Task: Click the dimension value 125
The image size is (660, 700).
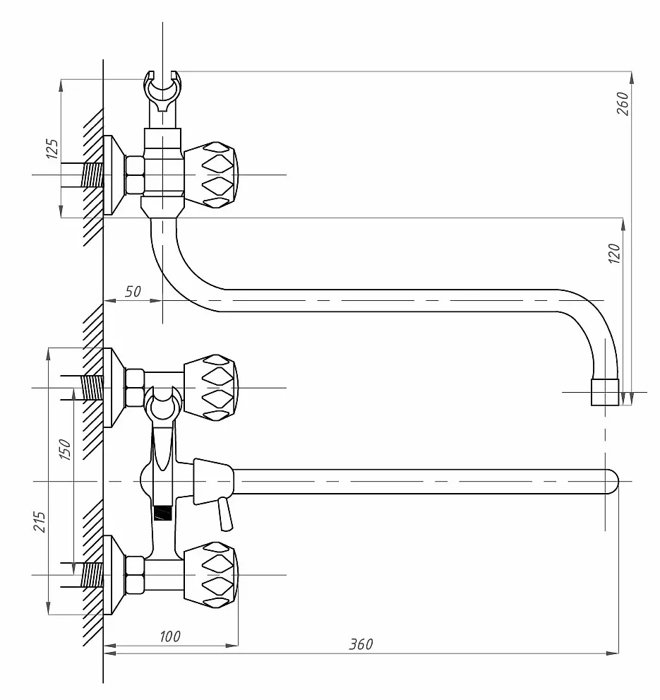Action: point(52,148)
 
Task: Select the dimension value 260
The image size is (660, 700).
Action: point(623,104)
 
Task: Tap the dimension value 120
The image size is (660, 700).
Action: point(615,254)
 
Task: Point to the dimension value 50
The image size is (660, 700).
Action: point(133,292)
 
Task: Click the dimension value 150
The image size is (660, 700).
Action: point(65,449)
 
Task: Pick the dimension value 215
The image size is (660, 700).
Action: point(40,522)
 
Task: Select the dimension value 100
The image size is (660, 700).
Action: point(170,636)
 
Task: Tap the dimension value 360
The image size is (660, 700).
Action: point(361,644)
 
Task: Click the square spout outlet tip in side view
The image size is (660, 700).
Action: point(605,393)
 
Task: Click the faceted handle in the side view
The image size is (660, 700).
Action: point(210,175)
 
